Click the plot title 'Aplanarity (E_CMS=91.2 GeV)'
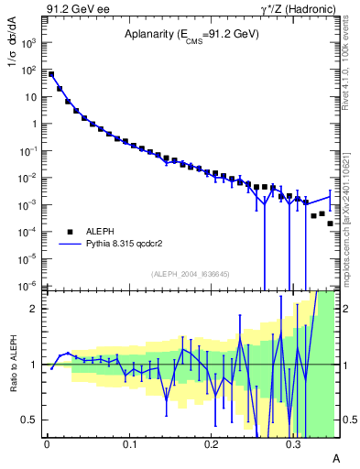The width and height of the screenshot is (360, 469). tap(191, 35)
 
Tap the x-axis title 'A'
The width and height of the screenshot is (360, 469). tap(335, 457)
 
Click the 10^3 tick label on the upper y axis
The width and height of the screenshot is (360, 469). tap(30, 42)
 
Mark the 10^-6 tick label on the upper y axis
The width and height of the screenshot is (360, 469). tap(30, 285)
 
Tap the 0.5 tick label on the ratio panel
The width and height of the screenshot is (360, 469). tap(29, 420)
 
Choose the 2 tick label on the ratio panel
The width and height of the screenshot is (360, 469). tap(35, 309)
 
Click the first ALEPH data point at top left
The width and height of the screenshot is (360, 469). tap(51, 75)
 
